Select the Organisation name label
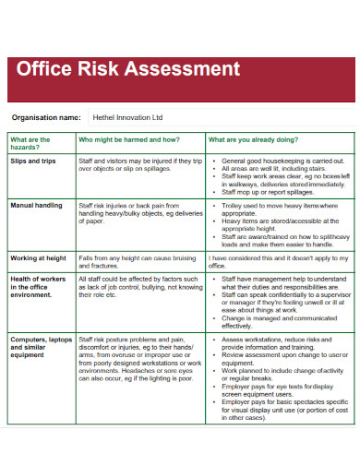pyautogui.click(x=45, y=117)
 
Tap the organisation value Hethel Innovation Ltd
pyautogui.click(x=127, y=117)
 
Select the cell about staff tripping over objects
pyautogui.click(x=139, y=165)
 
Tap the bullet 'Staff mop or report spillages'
pyautogui.click(x=268, y=192)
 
